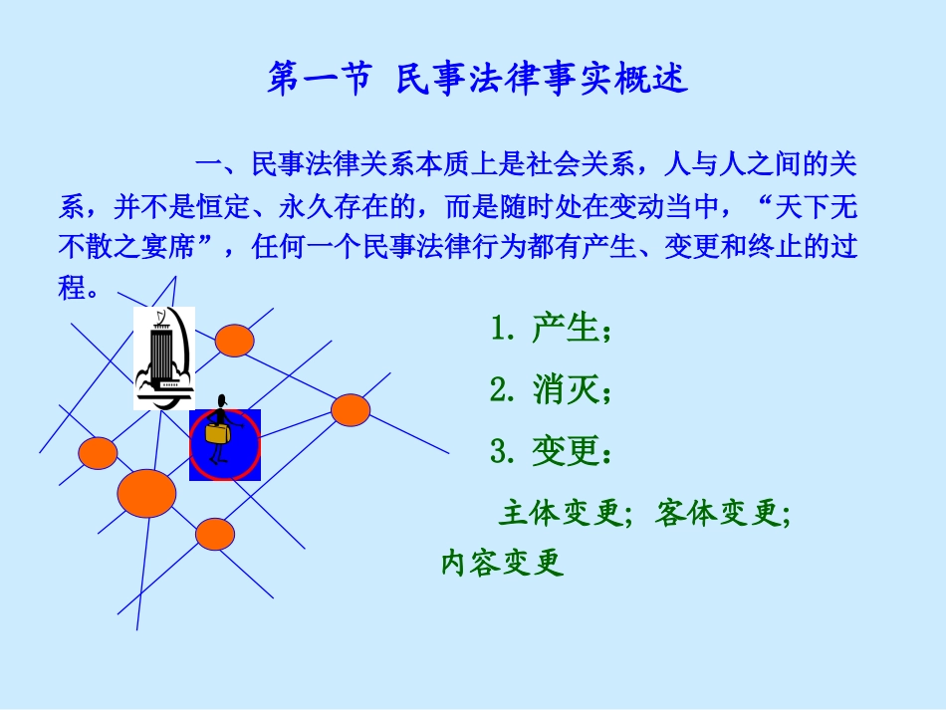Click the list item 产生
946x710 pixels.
(x=563, y=329)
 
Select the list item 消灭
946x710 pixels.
(x=563, y=390)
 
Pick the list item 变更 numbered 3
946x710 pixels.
(x=563, y=452)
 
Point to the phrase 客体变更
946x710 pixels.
(x=718, y=514)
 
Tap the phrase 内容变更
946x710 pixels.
(x=503, y=563)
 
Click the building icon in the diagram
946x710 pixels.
(x=163, y=357)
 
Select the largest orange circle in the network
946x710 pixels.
(x=147, y=493)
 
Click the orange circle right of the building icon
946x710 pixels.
(x=235, y=340)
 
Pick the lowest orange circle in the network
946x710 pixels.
(x=214, y=535)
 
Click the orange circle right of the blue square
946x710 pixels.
(x=351, y=409)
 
